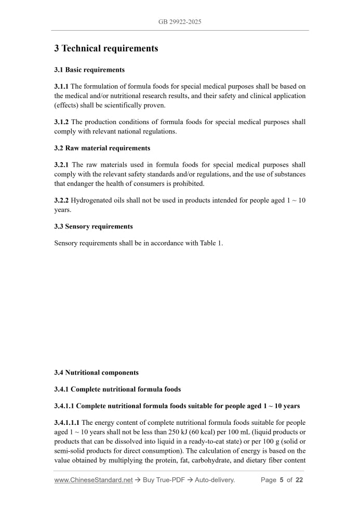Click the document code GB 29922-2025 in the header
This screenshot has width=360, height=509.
(180, 22)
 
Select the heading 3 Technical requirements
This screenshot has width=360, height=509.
(106, 49)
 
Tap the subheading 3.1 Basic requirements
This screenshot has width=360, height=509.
(89, 70)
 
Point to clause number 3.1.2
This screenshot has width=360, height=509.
(61, 122)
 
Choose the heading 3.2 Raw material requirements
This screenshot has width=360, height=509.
(102, 148)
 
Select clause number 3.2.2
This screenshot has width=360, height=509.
(61, 200)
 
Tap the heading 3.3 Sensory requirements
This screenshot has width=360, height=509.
(94, 226)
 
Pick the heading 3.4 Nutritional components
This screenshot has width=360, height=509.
(96, 372)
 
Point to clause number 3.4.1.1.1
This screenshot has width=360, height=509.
(67, 423)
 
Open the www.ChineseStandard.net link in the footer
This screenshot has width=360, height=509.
(94, 480)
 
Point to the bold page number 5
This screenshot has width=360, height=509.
(282, 480)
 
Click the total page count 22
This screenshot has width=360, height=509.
(299, 480)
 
